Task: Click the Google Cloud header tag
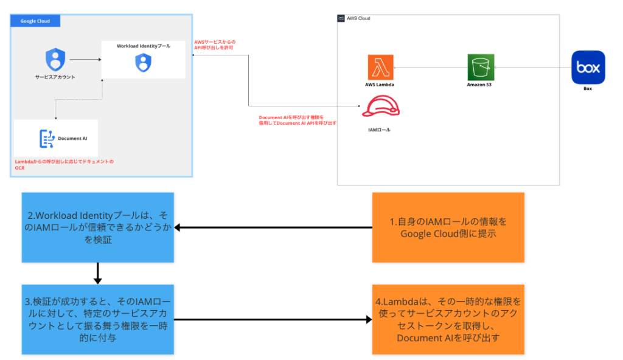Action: [x=35, y=21]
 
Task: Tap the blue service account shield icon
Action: [x=55, y=60]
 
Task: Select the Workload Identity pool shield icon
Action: [x=143, y=61]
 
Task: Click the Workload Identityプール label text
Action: [x=144, y=46]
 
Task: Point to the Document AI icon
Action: [x=46, y=139]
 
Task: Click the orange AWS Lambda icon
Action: [x=380, y=67]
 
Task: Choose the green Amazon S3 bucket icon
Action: [x=481, y=67]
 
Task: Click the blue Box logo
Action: [x=588, y=67]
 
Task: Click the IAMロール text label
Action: [x=380, y=130]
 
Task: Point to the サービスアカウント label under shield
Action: [x=55, y=77]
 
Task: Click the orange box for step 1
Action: [x=448, y=227]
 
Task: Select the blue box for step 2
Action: [x=98, y=227]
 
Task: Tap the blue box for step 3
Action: [x=98, y=319]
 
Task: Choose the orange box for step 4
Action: [x=448, y=319]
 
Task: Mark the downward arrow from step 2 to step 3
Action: [x=98, y=273]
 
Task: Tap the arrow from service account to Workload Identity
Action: [x=85, y=60]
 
